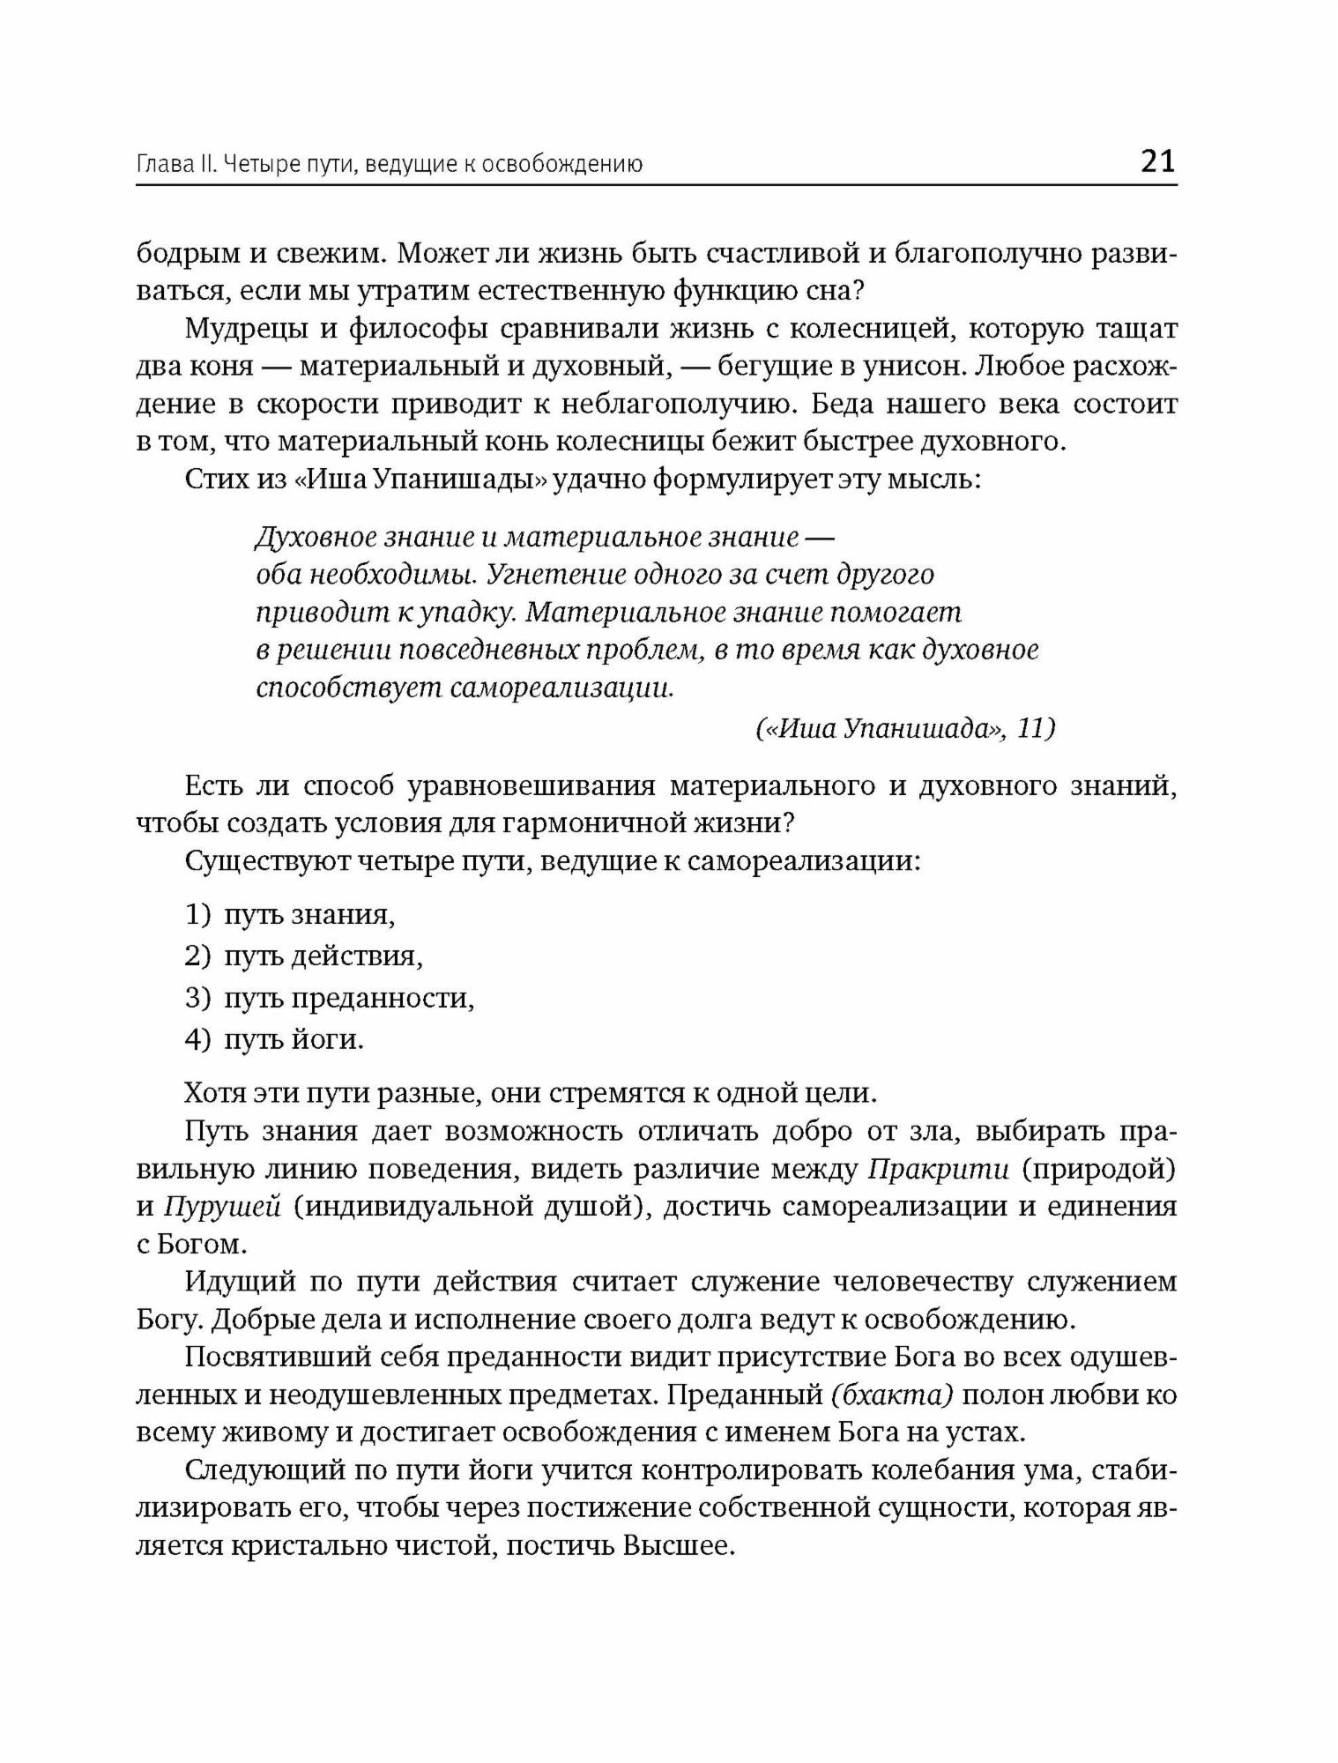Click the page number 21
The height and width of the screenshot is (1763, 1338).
point(1157,161)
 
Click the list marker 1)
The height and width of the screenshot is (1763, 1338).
point(198,914)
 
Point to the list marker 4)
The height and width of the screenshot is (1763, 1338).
point(198,1039)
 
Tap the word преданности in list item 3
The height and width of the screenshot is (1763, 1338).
point(382,998)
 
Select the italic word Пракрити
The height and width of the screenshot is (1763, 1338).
point(938,1169)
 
